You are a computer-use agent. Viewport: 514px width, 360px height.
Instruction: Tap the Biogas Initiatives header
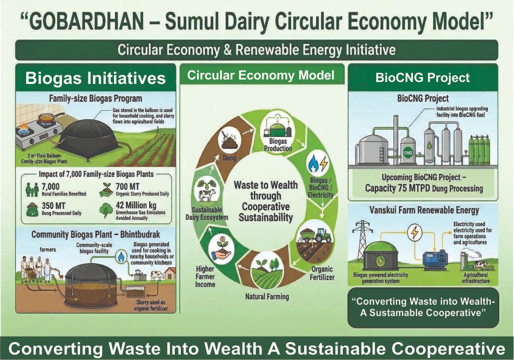(95, 79)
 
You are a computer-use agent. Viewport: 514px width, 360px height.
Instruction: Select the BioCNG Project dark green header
(422, 78)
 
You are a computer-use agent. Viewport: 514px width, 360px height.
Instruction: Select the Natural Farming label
(267, 297)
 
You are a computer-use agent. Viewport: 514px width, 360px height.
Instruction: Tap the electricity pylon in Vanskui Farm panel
(363, 239)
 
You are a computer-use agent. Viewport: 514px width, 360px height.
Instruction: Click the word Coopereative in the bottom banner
(445, 349)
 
